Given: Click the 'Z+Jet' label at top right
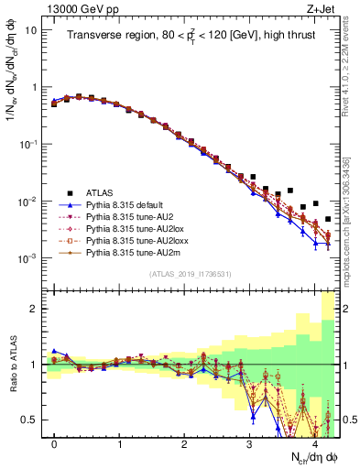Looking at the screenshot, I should [x=319, y=8].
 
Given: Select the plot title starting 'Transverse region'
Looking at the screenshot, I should [x=191, y=36].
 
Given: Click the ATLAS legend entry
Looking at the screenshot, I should [x=103, y=193].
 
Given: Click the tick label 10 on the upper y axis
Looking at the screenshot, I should [x=29, y=30].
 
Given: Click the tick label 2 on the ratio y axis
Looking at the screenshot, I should [x=35, y=309].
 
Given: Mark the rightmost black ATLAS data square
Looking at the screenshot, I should [x=328, y=220].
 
